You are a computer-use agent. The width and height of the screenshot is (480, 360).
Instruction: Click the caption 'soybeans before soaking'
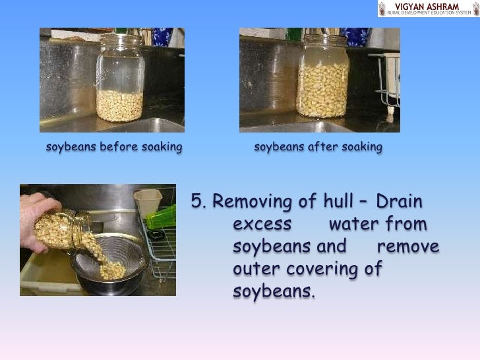pyautogui.click(x=114, y=147)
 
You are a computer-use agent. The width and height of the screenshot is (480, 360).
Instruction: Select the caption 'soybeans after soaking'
pyautogui.click(x=318, y=147)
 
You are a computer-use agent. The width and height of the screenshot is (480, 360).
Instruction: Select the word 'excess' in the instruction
pyautogui.click(x=262, y=225)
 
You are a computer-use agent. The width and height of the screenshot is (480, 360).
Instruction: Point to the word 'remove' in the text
pyautogui.click(x=408, y=247)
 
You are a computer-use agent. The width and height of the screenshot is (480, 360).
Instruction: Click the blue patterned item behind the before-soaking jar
pyautogui.click(x=162, y=36)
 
